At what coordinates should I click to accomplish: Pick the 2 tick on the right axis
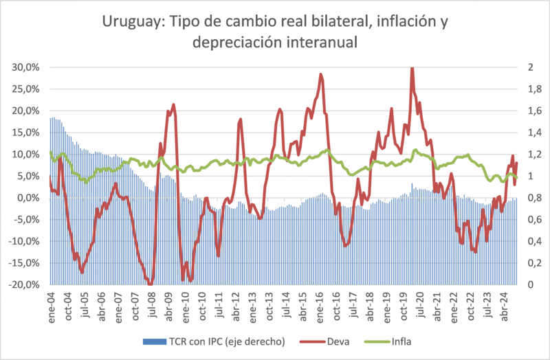[x=509, y=67]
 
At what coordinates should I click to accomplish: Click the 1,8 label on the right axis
[x=513, y=89]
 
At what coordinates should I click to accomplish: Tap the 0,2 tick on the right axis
[x=513, y=263]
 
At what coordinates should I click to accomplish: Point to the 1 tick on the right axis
[x=509, y=176]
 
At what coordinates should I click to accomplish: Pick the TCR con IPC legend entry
[x=211, y=341]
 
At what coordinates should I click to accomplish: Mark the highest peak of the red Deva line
[x=411, y=68]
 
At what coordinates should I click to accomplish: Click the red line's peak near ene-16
[x=321, y=74]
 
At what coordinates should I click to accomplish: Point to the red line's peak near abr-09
[x=174, y=104]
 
